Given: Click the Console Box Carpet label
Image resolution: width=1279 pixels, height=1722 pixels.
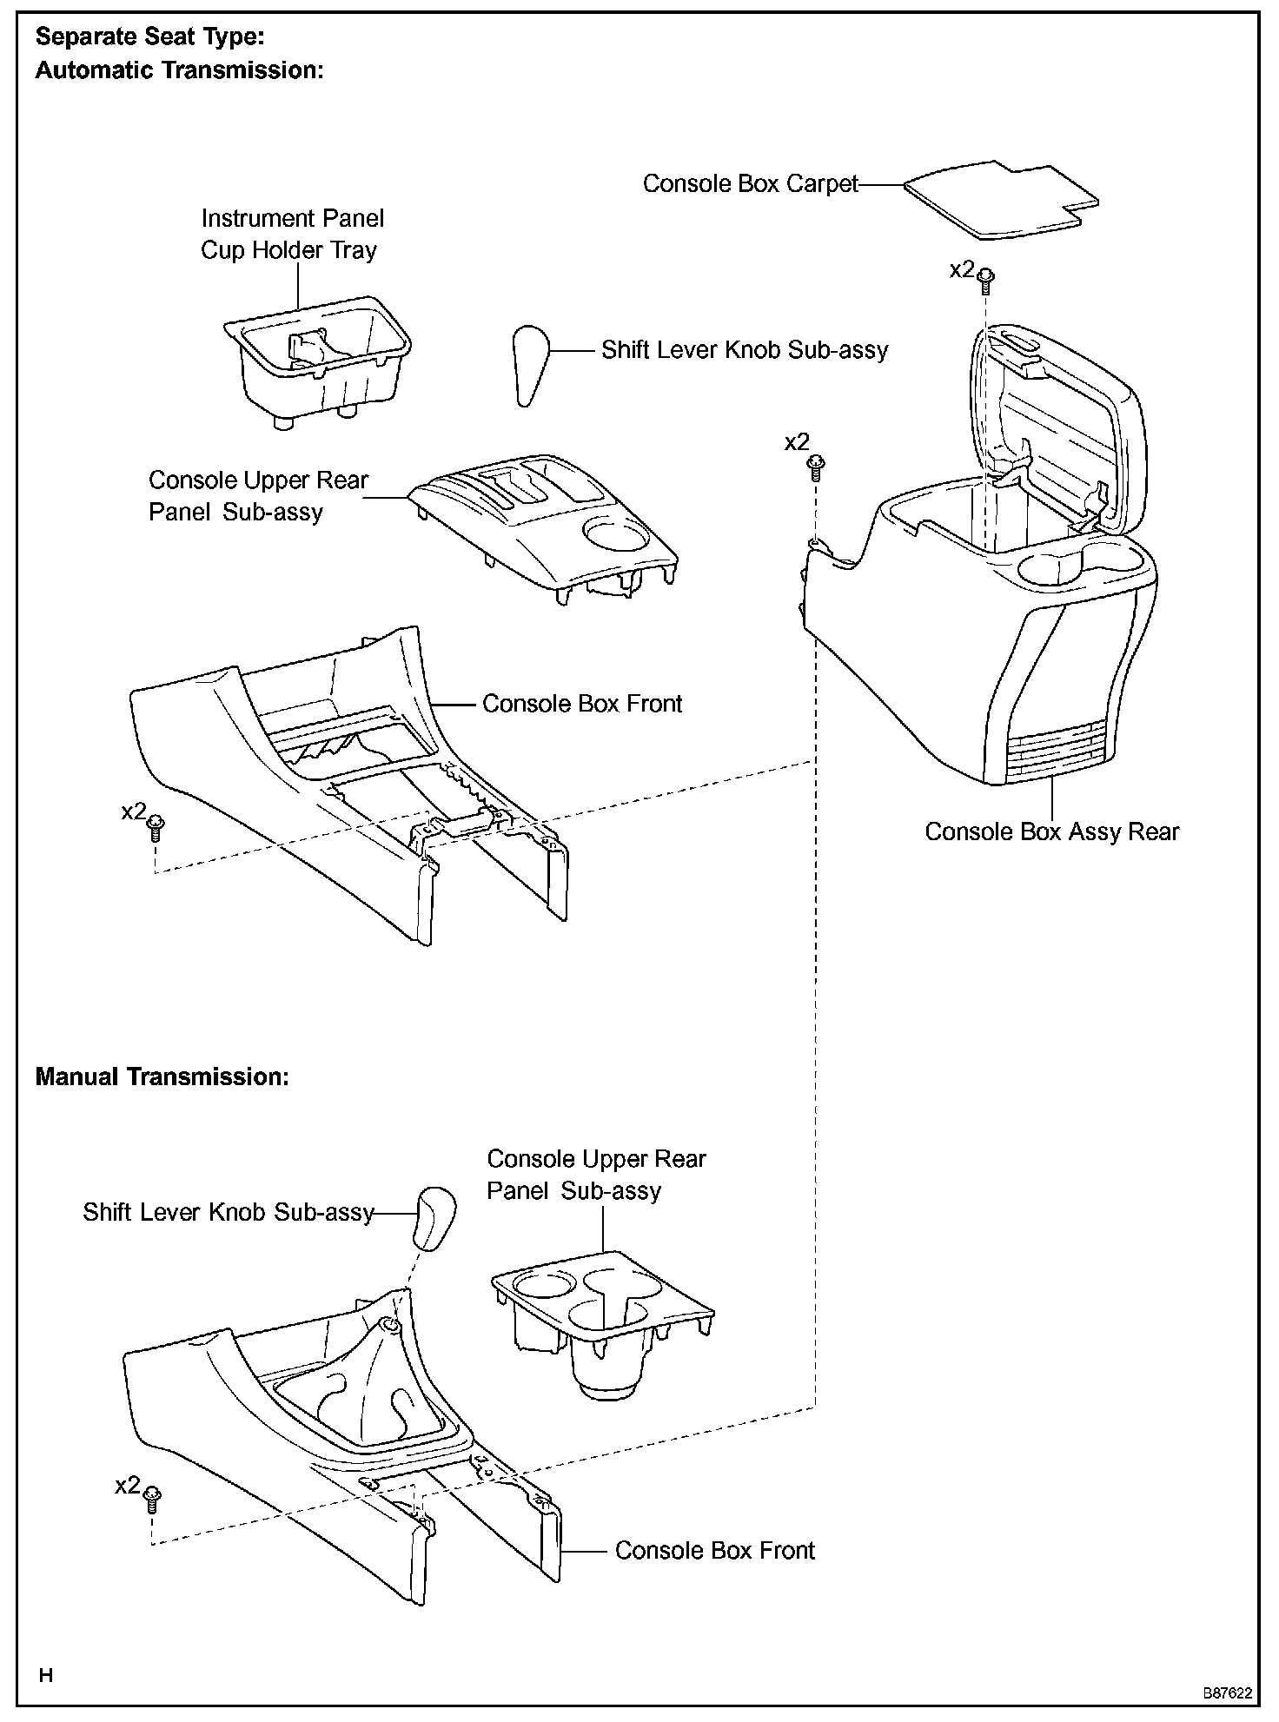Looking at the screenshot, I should pyautogui.click(x=750, y=184).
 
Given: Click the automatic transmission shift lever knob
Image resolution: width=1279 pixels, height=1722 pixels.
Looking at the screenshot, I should pyautogui.click(x=528, y=364).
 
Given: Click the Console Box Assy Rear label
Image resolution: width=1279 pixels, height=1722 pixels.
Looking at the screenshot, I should pyautogui.click(x=1051, y=832).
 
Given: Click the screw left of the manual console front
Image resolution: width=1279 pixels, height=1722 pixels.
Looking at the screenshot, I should pyautogui.click(x=152, y=1498).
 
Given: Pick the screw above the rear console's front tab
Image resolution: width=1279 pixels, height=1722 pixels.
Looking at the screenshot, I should pyautogui.click(x=817, y=467).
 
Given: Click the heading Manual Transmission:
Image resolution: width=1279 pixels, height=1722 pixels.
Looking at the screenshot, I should pyautogui.click(x=162, y=1077).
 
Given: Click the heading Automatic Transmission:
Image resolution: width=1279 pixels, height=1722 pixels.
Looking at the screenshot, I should pyautogui.click(x=179, y=70).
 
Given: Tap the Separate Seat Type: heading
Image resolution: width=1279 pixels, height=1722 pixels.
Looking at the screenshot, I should pyautogui.click(x=149, y=37).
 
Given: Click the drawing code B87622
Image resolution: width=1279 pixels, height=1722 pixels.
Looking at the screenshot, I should pyautogui.click(x=1227, y=1693).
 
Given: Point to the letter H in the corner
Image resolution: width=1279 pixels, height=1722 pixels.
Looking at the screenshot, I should pyautogui.click(x=46, y=1675).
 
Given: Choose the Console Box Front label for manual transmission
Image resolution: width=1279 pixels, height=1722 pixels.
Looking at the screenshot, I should pyautogui.click(x=714, y=1551).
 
